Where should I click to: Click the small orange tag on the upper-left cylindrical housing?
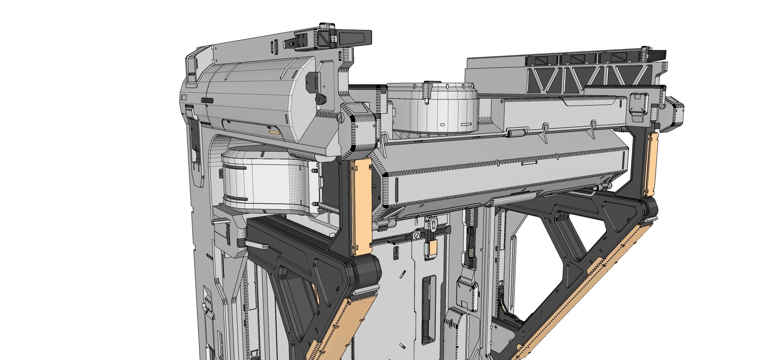pos(274,131)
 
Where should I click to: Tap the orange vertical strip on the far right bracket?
pos(650,163)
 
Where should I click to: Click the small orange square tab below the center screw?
pos(433,248)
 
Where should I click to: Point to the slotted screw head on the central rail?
pos(415,235)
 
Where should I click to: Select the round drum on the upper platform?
pos(433,108)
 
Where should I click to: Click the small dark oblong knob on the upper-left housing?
pos(207,100)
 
